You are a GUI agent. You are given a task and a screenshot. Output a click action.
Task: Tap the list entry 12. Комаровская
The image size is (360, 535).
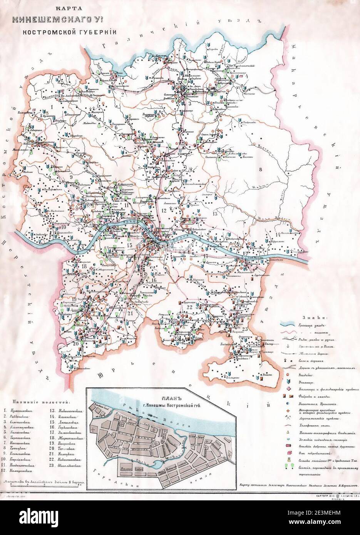pos(23,470)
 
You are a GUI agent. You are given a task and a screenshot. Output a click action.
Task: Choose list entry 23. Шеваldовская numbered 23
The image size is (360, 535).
pos(66,465)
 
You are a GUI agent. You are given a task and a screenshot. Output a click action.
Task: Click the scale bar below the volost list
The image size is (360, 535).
pos(42,486)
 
